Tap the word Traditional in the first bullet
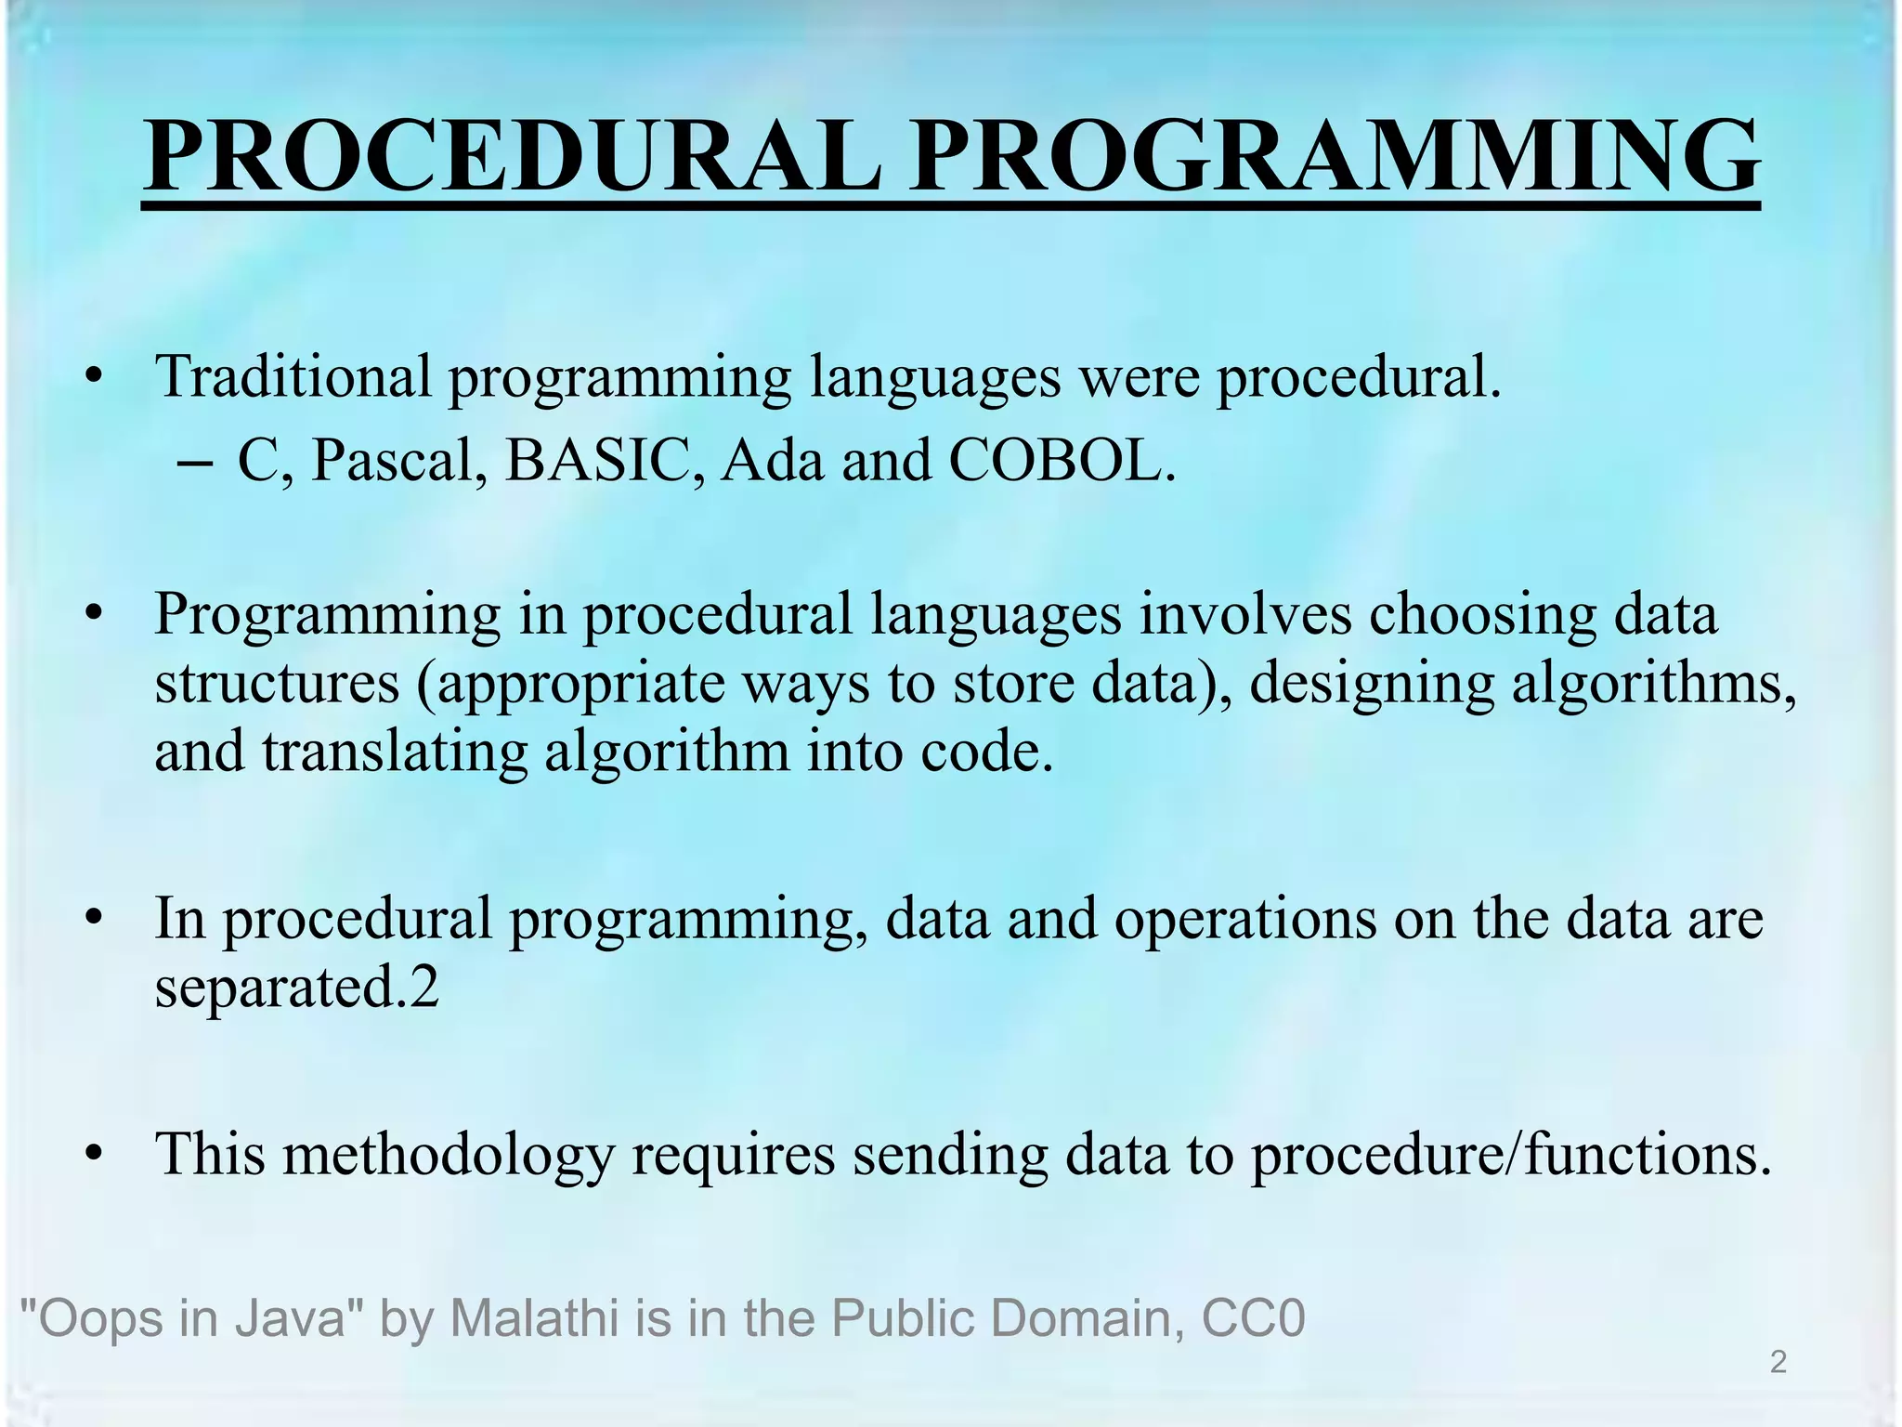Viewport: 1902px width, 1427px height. (x=293, y=377)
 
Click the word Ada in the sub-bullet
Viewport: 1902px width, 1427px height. (x=773, y=461)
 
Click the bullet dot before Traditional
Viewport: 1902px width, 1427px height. (x=92, y=379)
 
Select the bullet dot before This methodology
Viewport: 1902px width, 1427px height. (x=92, y=1156)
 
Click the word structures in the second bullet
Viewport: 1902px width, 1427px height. (x=277, y=684)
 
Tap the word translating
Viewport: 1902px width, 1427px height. (x=394, y=753)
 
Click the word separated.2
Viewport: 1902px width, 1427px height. (x=296, y=988)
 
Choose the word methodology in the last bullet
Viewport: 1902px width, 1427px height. (x=449, y=1156)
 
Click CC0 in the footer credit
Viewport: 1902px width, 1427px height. (x=1253, y=1317)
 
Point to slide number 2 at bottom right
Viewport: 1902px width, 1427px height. (x=1778, y=1363)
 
